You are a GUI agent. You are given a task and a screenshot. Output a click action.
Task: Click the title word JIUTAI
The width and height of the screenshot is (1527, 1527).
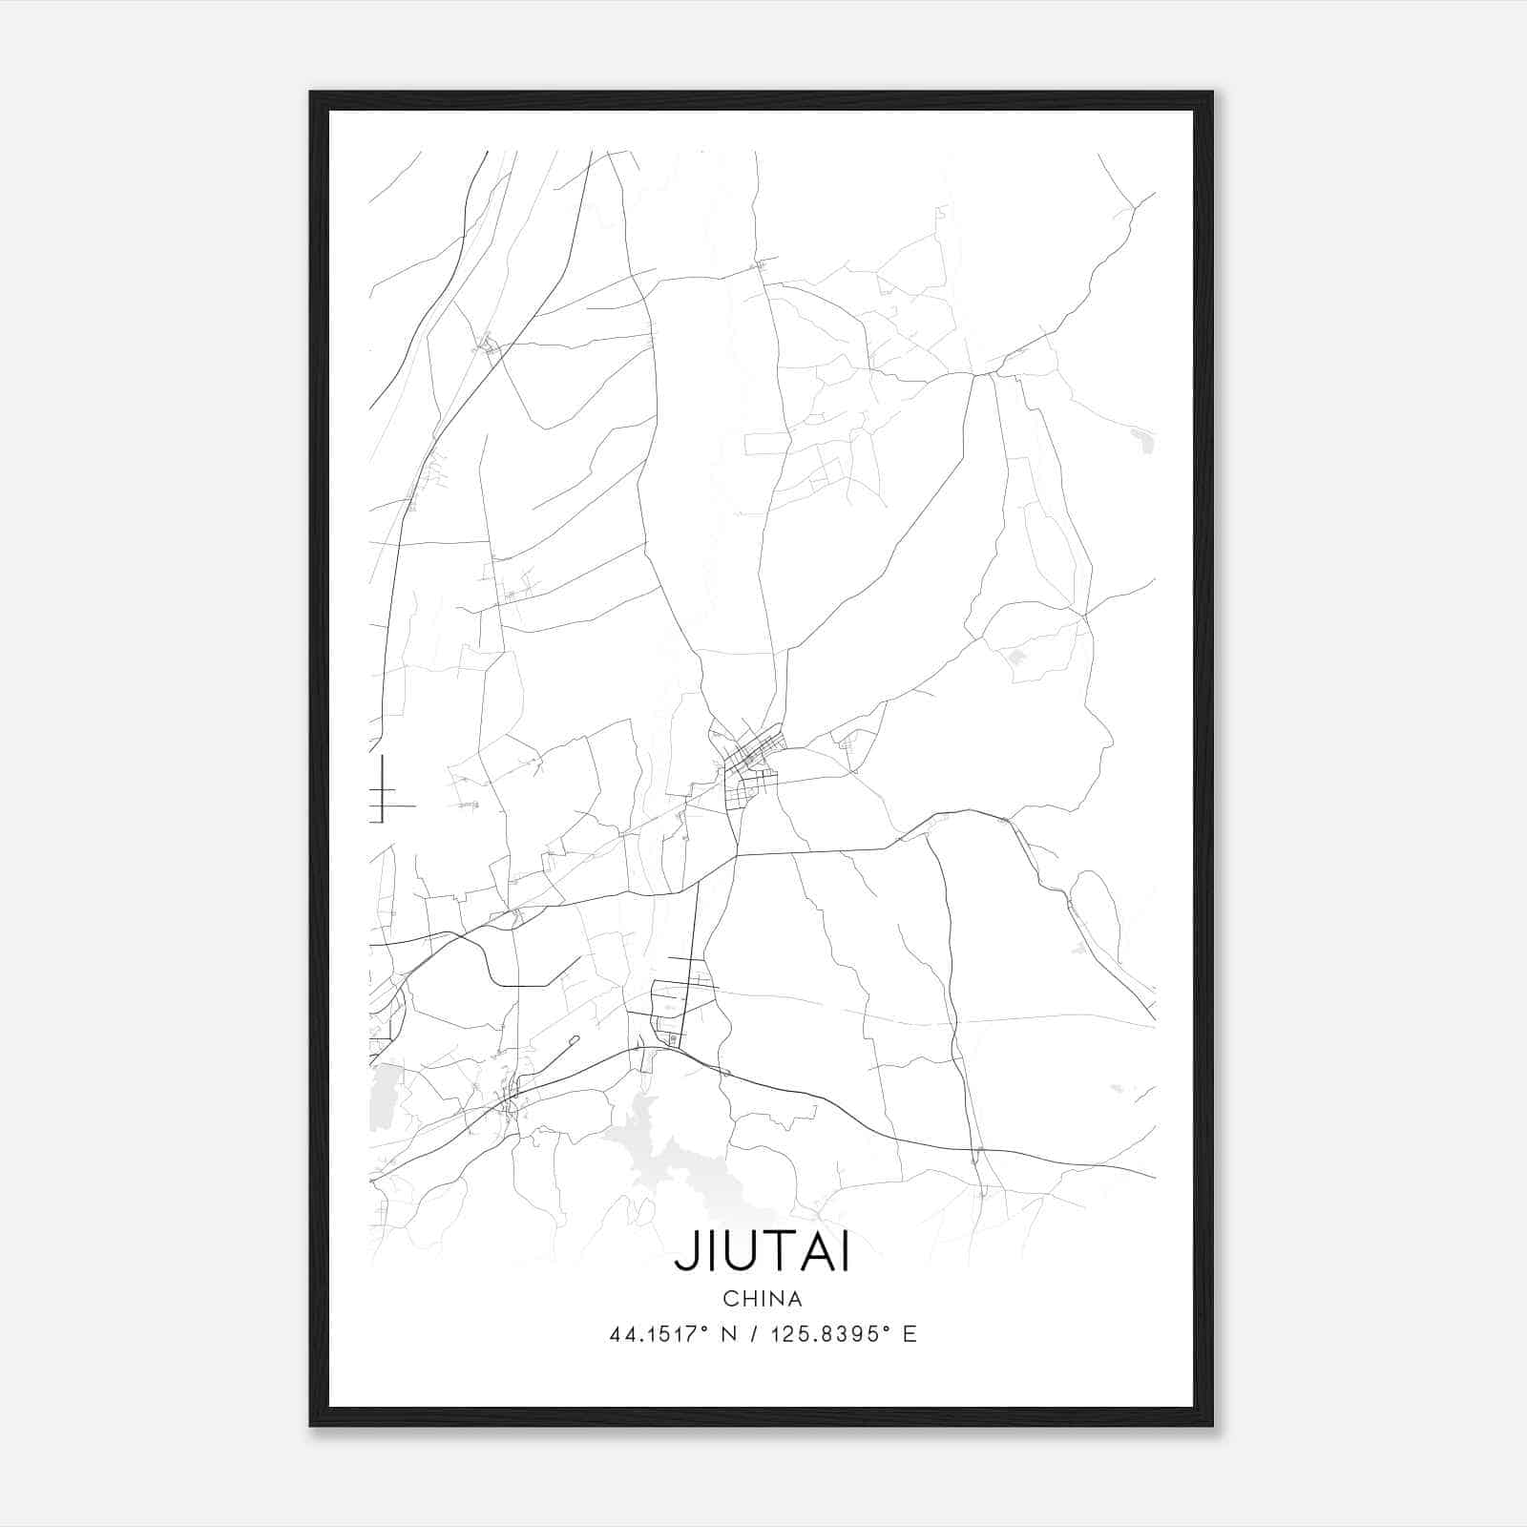[x=762, y=1253]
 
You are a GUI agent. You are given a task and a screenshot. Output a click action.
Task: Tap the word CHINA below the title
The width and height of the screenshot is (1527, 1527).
[x=763, y=1299]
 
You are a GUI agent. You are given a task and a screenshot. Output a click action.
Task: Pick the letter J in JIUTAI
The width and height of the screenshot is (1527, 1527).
[x=683, y=1254]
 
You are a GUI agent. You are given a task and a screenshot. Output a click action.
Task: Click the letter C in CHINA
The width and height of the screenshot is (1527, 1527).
[x=729, y=1299]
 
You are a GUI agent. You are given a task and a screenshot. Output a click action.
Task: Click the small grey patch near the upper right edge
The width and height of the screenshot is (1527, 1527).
[x=1142, y=440]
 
